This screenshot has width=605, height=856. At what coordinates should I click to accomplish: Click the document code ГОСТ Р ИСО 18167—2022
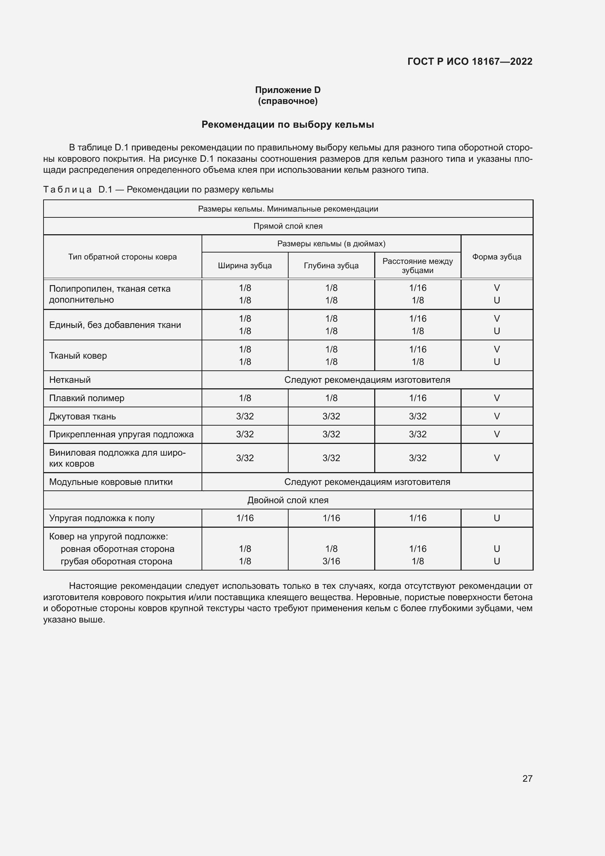coord(470,61)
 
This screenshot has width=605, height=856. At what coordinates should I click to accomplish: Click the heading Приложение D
coord(288,90)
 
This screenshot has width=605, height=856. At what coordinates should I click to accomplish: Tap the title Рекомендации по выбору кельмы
coord(288,124)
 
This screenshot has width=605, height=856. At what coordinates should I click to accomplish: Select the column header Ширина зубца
coord(245,265)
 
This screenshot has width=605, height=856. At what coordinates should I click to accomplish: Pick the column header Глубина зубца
coord(331,265)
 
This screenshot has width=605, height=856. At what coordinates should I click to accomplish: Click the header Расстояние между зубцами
coord(418,265)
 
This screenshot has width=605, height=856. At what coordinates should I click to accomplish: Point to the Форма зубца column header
coord(497,257)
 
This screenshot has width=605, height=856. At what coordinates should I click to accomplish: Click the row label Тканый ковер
coord(78,356)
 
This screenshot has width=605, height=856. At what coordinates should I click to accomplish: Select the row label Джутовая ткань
coord(82,416)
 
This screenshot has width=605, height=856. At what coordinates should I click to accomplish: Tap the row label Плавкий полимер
coord(87,398)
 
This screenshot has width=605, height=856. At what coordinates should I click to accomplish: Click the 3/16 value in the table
coord(331,561)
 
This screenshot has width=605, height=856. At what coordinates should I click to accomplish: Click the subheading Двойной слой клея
coord(288,500)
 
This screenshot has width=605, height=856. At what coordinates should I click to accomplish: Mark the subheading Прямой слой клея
coord(288,226)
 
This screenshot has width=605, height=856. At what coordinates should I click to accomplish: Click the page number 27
coord(527,778)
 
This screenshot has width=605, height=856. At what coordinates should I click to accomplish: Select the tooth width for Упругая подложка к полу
coord(245,518)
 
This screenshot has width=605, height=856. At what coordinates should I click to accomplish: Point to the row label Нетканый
coord(70,380)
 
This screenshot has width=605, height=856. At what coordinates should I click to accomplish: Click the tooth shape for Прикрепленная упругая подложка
coord(497,434)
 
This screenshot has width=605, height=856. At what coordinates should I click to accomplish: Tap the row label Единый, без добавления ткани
coord(115,325)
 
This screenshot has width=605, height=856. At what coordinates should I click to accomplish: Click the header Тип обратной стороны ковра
coord(122,257)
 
